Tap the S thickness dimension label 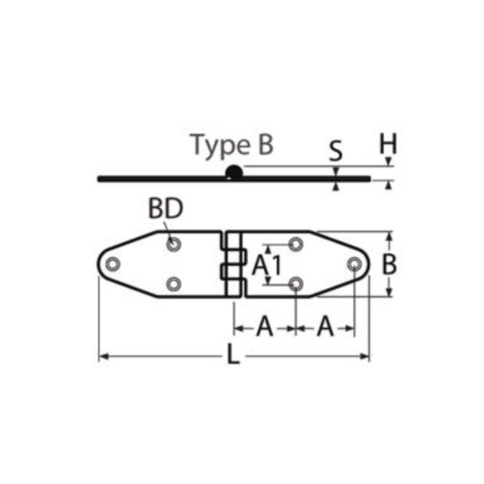click(336, 151)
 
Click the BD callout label click(166, 209)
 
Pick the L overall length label click(234, 355)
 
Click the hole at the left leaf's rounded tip click(113, 264)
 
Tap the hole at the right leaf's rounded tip click(354, 264)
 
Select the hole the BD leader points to click(174, 244)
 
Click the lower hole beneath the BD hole click(174, 284)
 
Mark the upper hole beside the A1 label click(296, 244)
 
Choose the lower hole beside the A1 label click(296, 284)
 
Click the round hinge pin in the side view click(234, 173)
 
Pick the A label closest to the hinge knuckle click(264, 327)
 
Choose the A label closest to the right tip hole click(324, 327)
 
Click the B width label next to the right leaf click(389, 265)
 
